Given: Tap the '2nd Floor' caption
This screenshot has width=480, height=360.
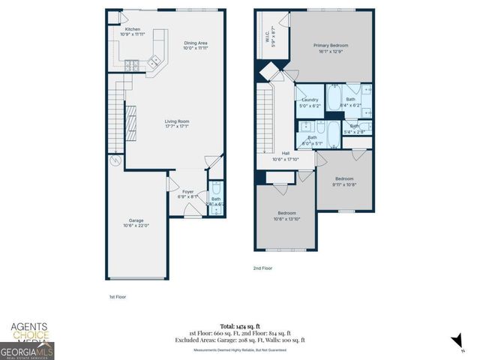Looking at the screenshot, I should coord(262,268).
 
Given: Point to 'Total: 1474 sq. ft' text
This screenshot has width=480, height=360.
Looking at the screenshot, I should coord(247,326).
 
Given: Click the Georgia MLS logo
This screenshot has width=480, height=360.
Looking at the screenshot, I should coord(27,350).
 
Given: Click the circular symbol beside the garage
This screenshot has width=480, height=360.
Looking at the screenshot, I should coord(115,160).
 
